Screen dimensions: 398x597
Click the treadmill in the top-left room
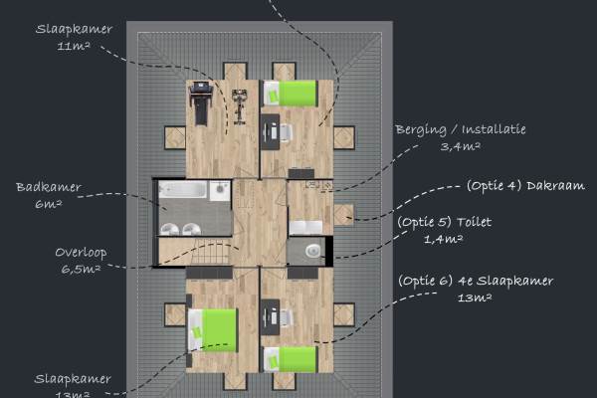click(200, 102)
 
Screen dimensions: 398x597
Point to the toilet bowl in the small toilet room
click(313, 250)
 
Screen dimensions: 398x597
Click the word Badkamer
click(49, 187)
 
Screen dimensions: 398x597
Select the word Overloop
click(81, 252)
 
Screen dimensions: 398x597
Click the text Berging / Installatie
click(460, 129)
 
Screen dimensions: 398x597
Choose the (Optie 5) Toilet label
click(444, 222)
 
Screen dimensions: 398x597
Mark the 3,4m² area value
click(461, 146)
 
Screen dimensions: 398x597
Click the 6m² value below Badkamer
click(49, 204)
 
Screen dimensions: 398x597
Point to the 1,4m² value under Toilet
click(445, 240)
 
